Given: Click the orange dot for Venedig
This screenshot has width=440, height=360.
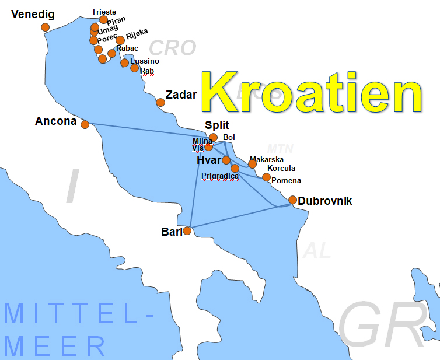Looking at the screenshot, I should point(45,27).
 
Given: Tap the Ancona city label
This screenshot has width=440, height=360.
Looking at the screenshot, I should point(56,121).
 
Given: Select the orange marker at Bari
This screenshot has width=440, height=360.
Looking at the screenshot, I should point(187,230).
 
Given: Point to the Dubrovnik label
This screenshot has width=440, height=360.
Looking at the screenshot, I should point(325,201).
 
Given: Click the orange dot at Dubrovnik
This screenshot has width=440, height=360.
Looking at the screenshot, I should point(293,200).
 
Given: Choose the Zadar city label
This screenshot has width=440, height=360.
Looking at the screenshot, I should point(181,95).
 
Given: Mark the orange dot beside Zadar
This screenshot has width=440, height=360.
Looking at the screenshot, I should point(160,103).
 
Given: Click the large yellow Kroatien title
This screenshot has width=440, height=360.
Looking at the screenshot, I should point(312,93).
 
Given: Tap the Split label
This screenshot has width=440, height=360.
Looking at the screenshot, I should point(217,125).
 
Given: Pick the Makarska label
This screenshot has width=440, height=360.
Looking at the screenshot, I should point(267,159).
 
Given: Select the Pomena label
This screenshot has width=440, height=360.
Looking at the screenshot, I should point(286,181).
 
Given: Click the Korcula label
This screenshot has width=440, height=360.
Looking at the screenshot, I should point(281,169).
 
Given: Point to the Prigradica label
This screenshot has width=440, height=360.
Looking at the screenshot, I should point(219,176).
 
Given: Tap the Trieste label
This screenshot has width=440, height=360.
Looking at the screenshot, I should point(104,12).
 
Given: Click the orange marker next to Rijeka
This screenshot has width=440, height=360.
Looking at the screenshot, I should point(120,40).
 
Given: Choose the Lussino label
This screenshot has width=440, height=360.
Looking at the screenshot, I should point(145,61).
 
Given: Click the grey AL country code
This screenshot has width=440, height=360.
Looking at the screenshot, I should point(317,250).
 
